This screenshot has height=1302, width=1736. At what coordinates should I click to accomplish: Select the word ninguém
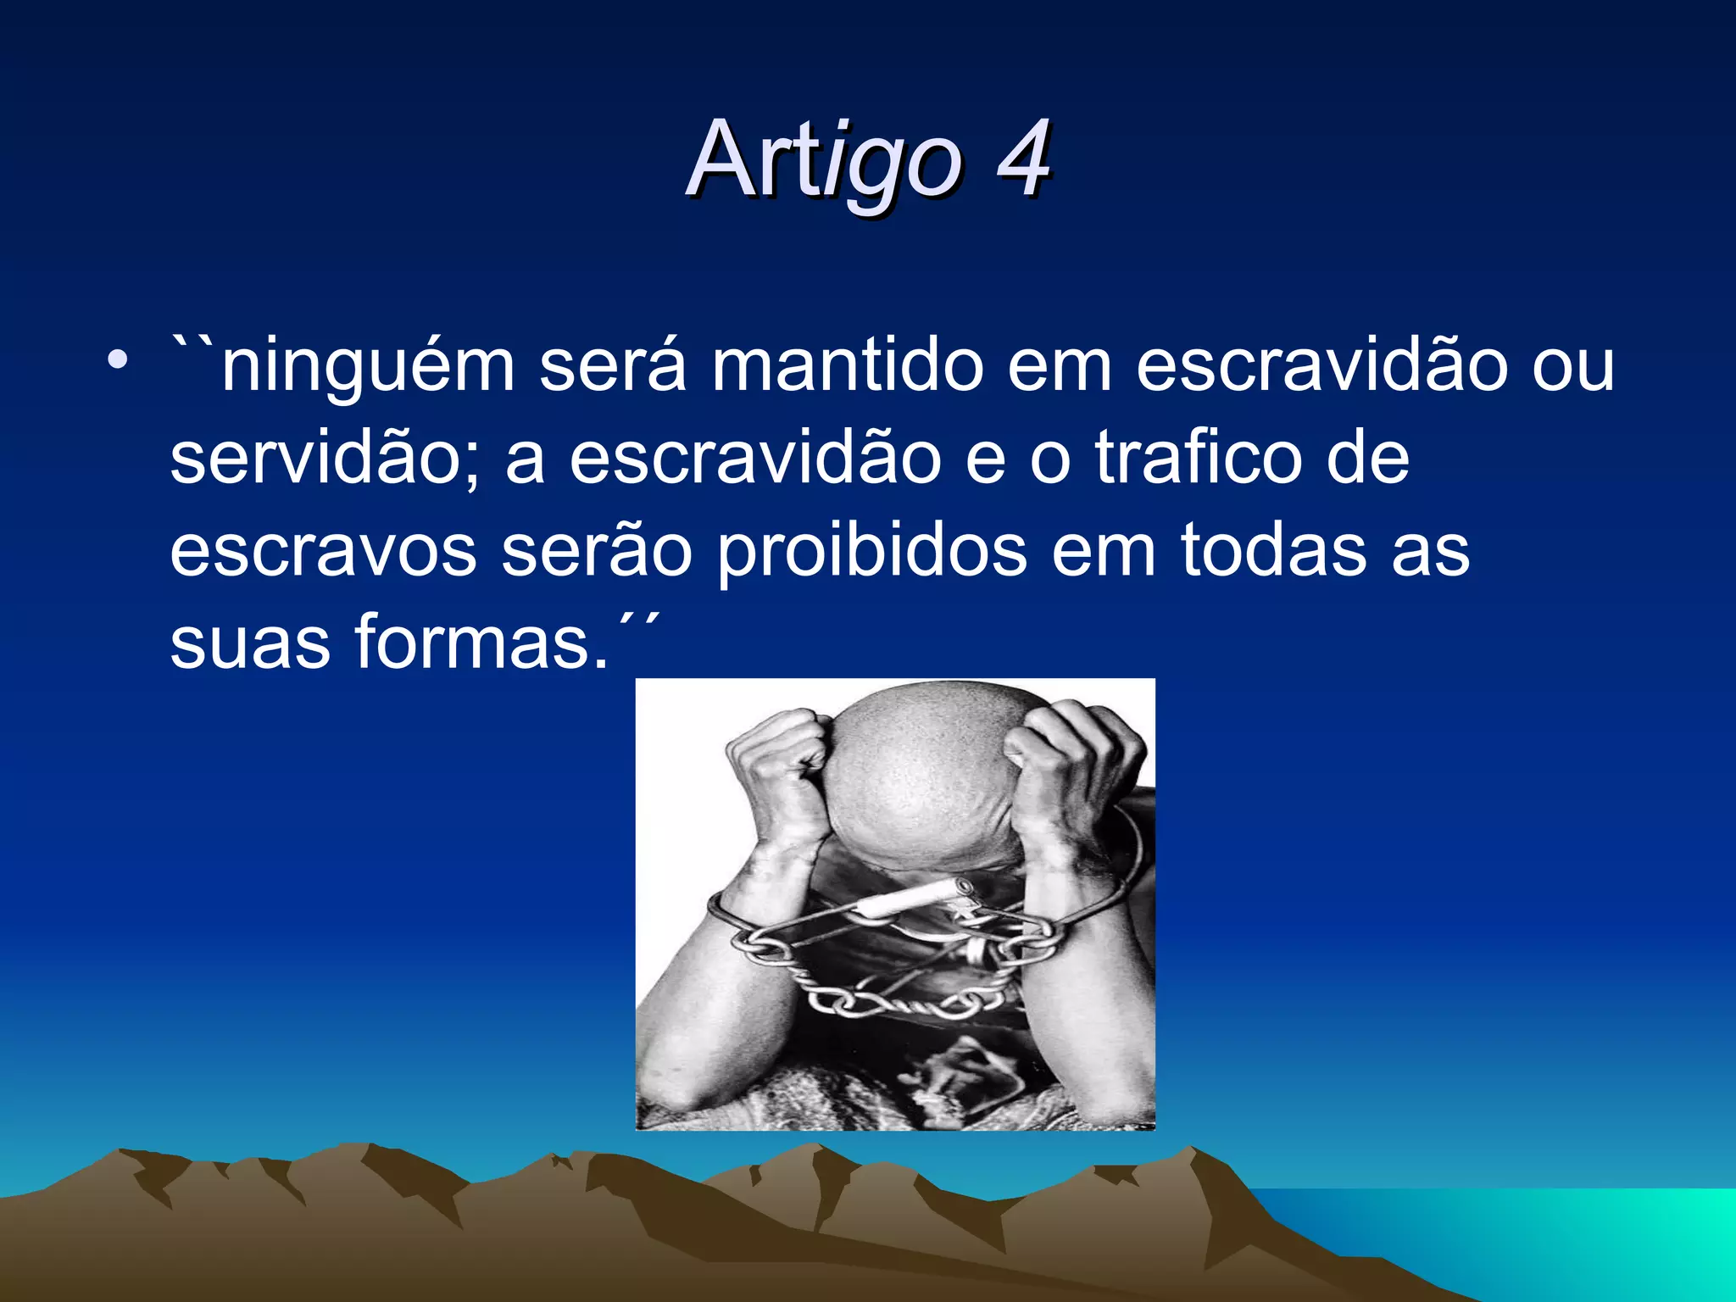(368, 368)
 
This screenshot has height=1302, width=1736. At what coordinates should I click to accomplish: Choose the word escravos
(323, 551)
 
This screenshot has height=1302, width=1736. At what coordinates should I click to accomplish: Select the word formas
(480, 642)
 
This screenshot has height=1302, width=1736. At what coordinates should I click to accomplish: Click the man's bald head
(915, 763)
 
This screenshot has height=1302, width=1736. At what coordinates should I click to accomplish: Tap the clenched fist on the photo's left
(776, 754)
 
